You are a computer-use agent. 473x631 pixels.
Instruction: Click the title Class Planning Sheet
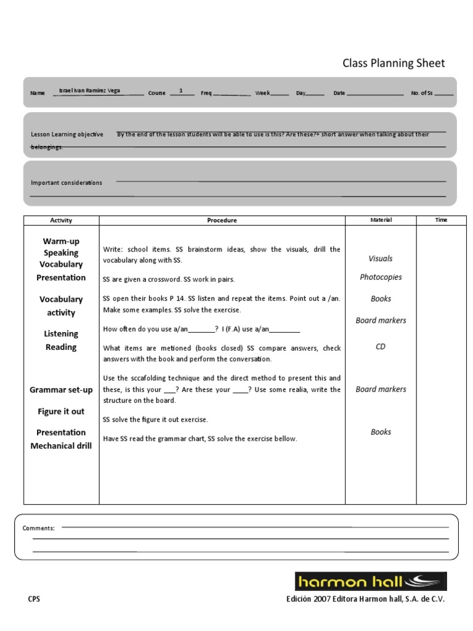coord(393,63)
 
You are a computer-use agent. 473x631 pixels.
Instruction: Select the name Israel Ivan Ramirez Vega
coord(89,91)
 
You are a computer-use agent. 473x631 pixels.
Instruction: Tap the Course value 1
coord(181,91)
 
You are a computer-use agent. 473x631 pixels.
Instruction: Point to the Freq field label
coord(206,93)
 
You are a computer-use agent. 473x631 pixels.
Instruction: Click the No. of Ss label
coord(422,93)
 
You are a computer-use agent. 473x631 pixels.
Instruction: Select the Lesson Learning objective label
coord(67,134)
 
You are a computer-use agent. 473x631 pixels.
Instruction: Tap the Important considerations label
coord(67,182)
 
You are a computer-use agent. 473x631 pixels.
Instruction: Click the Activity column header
coord(61,220)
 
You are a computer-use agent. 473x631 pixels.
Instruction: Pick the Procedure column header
coord(222,220)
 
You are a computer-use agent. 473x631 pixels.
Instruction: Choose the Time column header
coord(441,220)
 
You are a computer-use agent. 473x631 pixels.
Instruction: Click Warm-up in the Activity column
coord(61,241)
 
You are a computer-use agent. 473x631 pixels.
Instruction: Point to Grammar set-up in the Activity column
coord(61,390)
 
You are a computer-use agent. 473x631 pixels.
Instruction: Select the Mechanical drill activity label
coord(61,446)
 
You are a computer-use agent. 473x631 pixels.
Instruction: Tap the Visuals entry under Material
coord(381,259)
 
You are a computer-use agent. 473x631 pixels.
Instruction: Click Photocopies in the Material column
coord(381,277)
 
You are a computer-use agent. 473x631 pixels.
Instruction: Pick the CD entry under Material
coord(381,347)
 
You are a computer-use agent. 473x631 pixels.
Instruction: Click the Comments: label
coord(39,528)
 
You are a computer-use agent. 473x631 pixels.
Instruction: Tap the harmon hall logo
coord(370,581)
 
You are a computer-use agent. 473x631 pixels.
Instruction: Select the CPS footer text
coord(34,599)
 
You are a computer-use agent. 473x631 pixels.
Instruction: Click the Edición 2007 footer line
coord(365,599)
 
